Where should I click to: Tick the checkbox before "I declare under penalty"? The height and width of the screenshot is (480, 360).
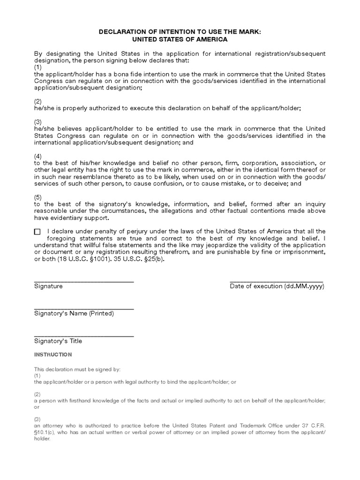point(37,232)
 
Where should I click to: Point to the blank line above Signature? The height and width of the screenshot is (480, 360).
point(84,281)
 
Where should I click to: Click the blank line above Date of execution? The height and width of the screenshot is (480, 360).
point(277,281)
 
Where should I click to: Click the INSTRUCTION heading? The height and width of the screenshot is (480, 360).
point(53,355)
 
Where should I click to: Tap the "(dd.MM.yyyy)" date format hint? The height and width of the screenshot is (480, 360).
point(304,286)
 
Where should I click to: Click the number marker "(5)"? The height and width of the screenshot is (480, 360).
point(38,197)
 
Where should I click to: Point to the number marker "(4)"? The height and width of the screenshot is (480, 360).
point(38,156)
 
